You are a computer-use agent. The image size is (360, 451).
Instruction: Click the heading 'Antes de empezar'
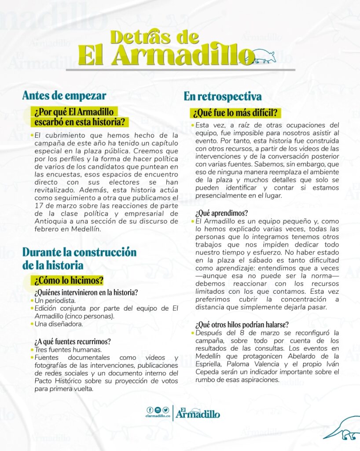tap(64, 95)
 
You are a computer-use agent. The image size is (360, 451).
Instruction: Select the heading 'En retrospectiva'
tap(223, 96)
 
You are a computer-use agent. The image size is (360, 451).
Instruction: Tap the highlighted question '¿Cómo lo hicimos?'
tap(67, 280)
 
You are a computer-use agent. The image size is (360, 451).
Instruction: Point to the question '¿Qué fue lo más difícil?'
tap(236, 113)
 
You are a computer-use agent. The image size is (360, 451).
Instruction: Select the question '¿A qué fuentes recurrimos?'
tap(73, 341)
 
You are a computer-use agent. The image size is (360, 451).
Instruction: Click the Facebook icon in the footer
tap(150, 410)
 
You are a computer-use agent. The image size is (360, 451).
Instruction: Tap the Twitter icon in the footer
tap(165, 410)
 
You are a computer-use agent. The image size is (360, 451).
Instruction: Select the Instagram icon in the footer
tap(158, 410)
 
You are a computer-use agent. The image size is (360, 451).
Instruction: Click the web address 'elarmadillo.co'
tap(158, 416)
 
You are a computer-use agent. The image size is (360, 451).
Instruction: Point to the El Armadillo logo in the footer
tap(198, 413)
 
